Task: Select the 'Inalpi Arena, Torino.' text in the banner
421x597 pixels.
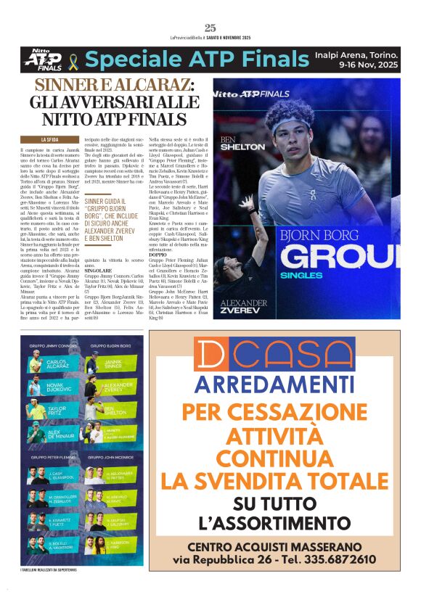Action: pos(356,53)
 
